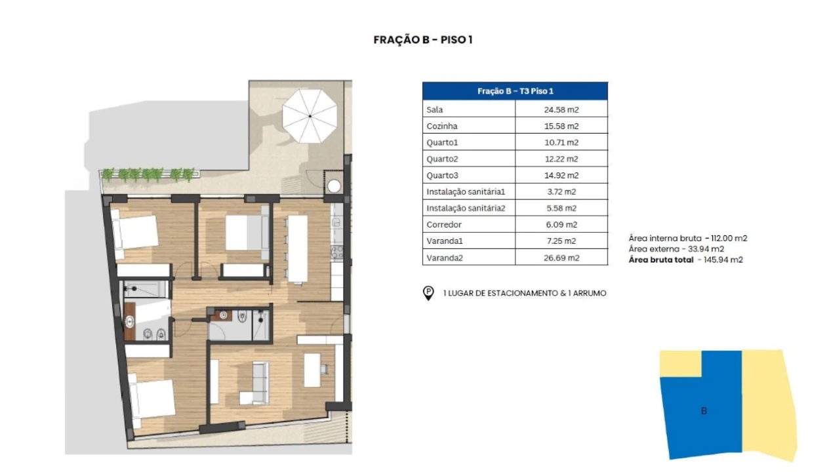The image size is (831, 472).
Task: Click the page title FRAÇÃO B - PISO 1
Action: coord(422,40)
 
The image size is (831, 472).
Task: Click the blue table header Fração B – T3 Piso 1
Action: coord(515,91)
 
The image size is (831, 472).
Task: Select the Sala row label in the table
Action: coord(434,109)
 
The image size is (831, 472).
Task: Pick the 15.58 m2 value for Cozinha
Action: coord(561,126)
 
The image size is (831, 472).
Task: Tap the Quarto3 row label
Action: coord(442,176)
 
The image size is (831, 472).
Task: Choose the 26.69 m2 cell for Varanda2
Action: coord(561,258)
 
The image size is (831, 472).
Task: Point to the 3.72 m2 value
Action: coord(561,191)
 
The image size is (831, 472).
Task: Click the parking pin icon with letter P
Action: coord(428,293)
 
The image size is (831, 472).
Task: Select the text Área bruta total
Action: coord(660,260)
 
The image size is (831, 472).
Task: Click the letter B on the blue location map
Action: coord(704,411)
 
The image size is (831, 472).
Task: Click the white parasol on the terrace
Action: coord(310,116)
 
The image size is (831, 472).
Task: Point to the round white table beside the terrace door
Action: coord(334,186)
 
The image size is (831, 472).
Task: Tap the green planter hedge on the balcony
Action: coord(148,174)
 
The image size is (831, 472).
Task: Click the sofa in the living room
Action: coord(256,383)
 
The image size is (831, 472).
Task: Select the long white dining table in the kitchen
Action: coord(298,249)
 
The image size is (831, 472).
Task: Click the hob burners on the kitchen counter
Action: coord(337,252)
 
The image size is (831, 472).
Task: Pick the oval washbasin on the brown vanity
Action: coord(129,322)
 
